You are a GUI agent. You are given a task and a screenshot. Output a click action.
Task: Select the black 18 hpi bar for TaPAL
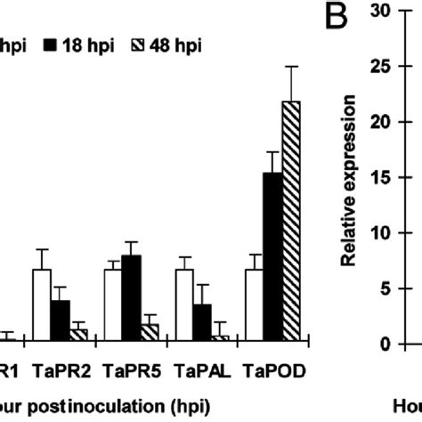201,321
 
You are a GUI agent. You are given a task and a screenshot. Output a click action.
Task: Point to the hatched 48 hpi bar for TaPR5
150,331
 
